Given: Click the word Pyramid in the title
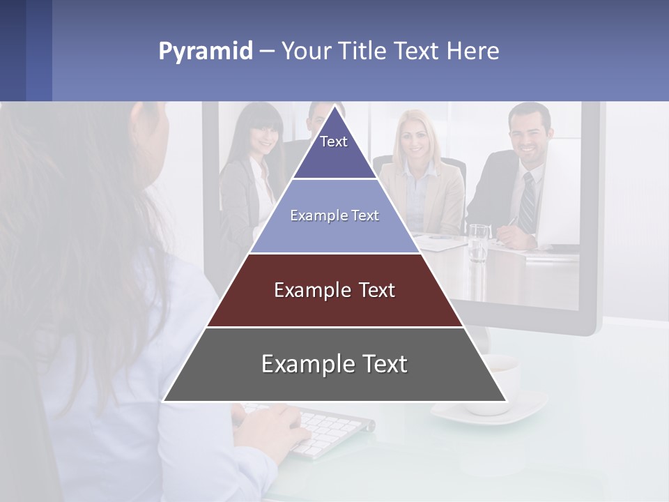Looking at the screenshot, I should tap(205, 51).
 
